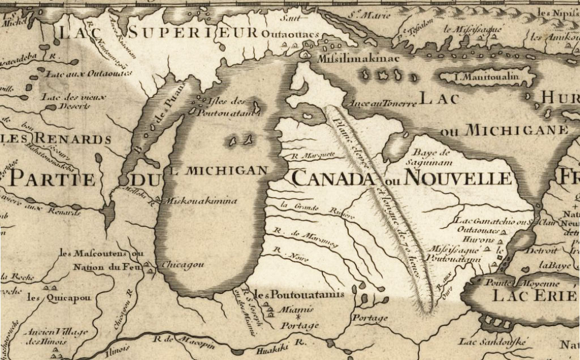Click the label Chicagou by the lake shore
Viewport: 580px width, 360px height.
point(182,264)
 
